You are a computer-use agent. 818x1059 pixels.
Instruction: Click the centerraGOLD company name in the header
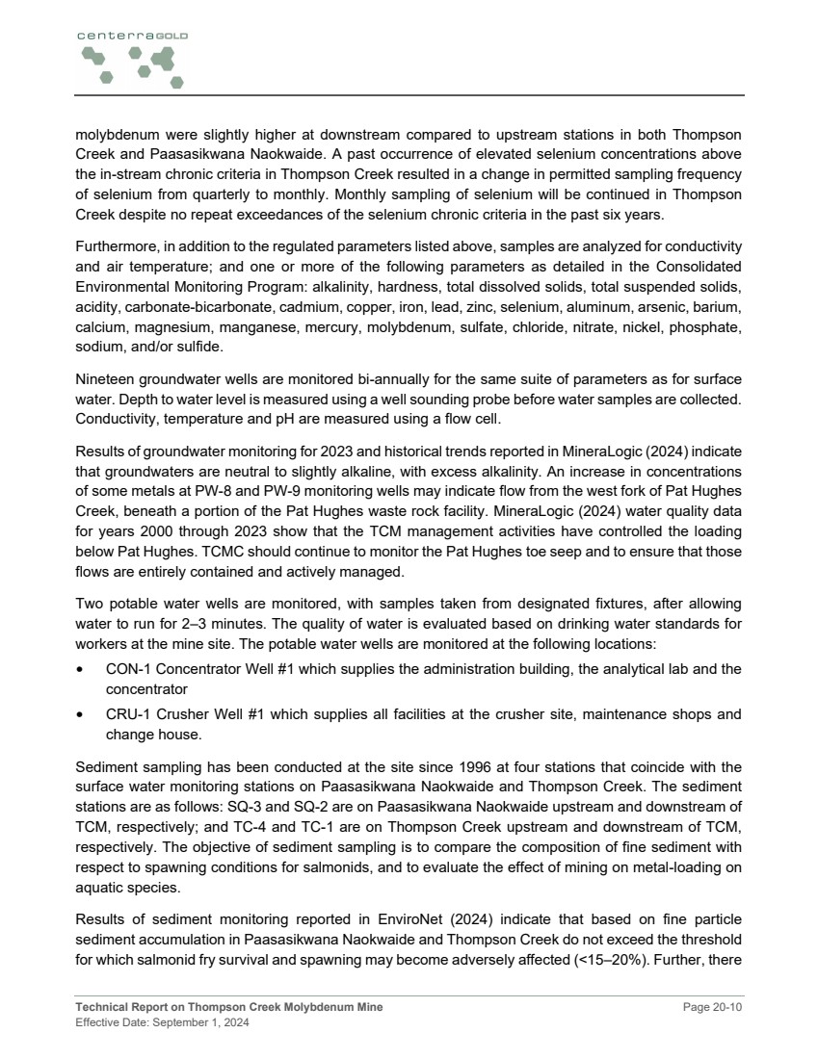(x=132, y=35)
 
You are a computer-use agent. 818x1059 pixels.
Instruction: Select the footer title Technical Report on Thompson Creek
(x=228, y=1007)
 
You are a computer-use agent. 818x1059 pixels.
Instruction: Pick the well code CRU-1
(x=126, y=714)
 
